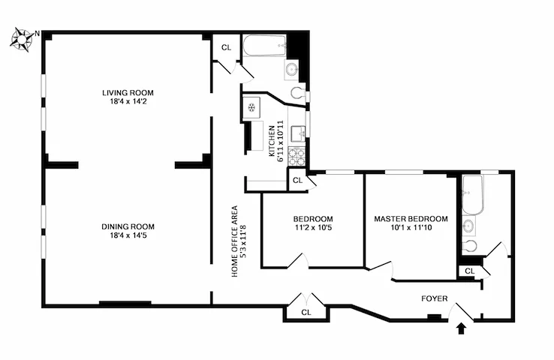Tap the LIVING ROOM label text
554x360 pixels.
click(133, 93)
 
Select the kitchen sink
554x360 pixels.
click(298, 133)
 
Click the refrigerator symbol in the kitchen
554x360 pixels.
click(252, 108)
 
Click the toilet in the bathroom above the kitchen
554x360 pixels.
click(298, 94)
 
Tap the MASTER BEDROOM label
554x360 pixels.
click(411, 219)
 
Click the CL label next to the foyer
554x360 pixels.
click(469, 271)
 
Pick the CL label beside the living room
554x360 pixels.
click(226, 47)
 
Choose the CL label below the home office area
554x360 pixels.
click(306, 312)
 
